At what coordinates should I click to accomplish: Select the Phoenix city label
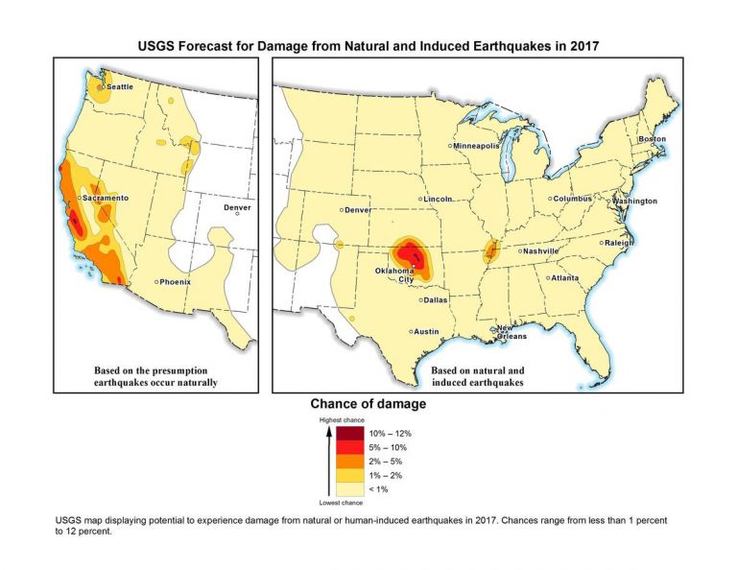coord(175,282)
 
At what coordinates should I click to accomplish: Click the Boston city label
coord(652,140)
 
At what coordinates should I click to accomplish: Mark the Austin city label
coord(426,332)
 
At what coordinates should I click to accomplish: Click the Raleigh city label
coord(620,243)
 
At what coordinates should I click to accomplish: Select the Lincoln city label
coord(438,199)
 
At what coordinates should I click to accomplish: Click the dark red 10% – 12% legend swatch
coord(350,434)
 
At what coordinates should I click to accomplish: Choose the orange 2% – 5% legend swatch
coord(350,462)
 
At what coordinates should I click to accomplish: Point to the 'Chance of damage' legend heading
coord(368,405)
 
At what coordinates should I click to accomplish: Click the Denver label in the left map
coord(237,208)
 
